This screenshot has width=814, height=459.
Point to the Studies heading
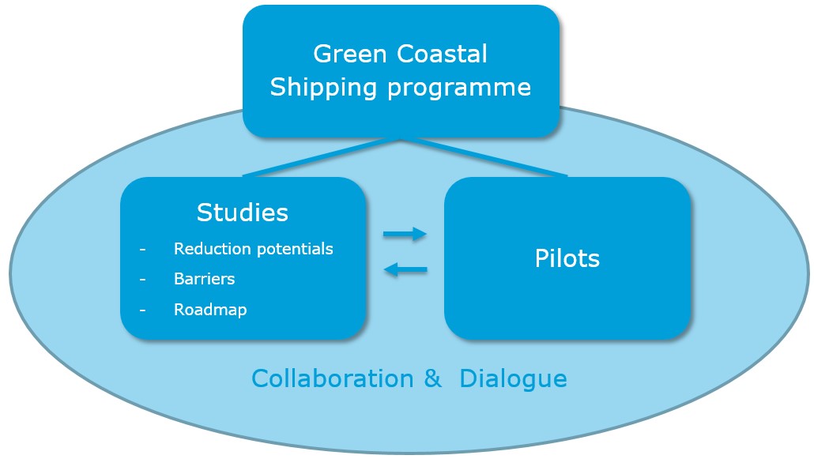(243, 213)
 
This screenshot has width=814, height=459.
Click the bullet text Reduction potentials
(253, 249)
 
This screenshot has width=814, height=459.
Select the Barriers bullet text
(204, 279)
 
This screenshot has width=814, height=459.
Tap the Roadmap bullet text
(210, 310)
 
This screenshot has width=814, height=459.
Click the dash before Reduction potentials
(143, 250)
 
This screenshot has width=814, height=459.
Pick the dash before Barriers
(143, 280)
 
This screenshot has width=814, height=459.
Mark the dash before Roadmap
(143, 310)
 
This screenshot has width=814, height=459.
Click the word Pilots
(567, 258)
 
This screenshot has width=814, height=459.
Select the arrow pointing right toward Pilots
(405, 234)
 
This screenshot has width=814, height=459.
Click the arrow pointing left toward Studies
(405, 270)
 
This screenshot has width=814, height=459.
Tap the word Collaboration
(332, 378)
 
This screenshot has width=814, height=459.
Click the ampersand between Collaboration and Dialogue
(432, 378)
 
